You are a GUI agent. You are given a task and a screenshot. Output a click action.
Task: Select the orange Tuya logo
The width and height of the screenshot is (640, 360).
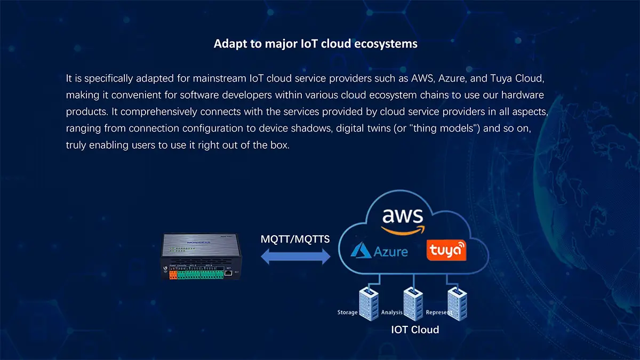446,250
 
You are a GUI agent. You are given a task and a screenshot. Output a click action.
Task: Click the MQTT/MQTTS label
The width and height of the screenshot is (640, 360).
295,239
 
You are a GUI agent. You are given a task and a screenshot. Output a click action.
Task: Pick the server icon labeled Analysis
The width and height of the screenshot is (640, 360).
410,299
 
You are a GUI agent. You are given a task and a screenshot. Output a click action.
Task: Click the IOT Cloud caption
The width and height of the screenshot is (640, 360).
415,330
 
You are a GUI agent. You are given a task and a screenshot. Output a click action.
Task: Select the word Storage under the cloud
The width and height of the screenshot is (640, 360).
347,312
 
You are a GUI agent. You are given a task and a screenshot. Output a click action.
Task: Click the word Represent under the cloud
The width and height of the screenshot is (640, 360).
439,312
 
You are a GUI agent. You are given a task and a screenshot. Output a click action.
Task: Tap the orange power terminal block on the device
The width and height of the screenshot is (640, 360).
173,275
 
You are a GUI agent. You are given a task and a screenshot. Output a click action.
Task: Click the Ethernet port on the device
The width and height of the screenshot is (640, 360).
229,272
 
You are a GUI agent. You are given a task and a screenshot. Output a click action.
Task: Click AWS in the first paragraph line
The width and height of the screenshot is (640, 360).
423,78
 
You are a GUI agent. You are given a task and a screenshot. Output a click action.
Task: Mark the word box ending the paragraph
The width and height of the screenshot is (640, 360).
280,145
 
